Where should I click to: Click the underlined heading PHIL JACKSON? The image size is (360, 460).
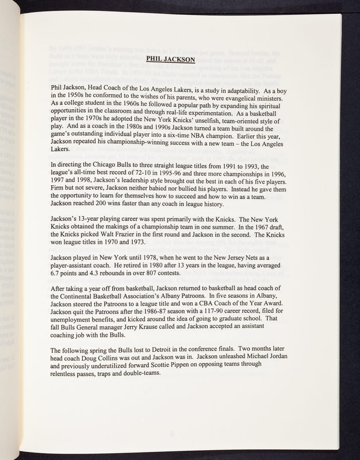(171, 59)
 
